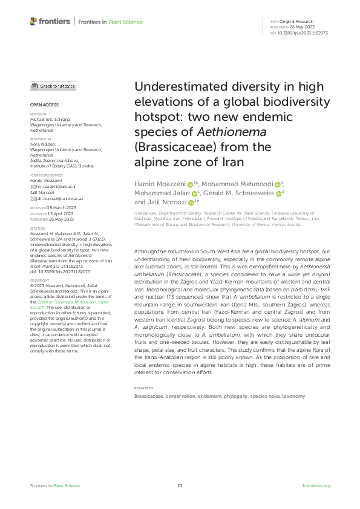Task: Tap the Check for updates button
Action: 53,86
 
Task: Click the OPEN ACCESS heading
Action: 41,104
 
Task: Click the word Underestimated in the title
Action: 180,86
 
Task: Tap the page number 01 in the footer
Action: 180,486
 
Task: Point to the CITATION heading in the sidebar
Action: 38,228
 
